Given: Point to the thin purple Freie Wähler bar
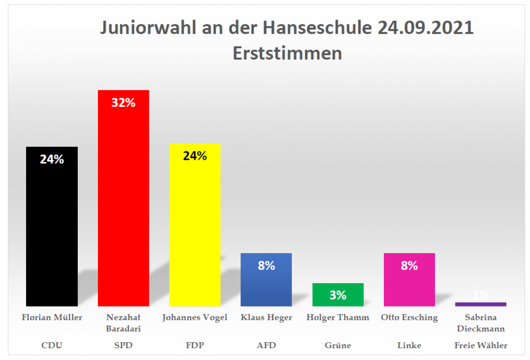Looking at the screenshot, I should [x=481, y=304].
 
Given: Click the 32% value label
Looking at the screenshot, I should [x=123, y=103].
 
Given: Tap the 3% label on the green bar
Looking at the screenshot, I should [x=338, y=295].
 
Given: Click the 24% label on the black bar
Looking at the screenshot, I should [x=52, y=159].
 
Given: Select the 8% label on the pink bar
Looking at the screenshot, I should [x=409, y=265].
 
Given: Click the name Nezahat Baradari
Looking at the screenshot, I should [x=123, y=323].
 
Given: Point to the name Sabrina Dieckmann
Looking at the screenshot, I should [x=481, y=323].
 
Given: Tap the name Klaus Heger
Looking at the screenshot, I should [x=266, y=318].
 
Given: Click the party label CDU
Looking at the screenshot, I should [x=52, y=345].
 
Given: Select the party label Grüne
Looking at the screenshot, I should [x=338, y=345].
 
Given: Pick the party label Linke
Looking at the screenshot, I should [x=409, y=345].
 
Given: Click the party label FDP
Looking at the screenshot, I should [x=195, y=345].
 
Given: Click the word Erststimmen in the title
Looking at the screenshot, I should [x=287, y=53].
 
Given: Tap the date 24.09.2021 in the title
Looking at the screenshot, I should [x=426, y=28].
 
